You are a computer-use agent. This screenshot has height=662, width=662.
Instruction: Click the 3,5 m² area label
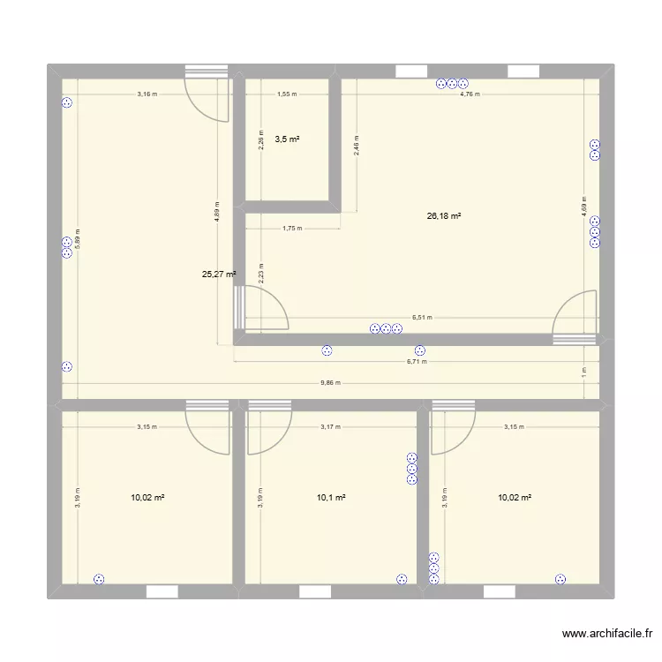(x=287, y=139)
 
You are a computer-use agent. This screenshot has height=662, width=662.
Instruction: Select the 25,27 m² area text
(x=219, y=275)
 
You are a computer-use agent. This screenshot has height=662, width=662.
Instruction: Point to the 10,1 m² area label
(x=330, y=499)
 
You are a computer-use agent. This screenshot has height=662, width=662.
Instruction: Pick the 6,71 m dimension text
(x=416, y=361)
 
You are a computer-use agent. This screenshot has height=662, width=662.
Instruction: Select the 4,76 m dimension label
(x=470, y=94)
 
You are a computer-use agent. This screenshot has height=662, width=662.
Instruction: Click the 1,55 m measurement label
(x=287, y=94)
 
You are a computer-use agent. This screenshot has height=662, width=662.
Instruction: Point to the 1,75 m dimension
(x=291, y=229)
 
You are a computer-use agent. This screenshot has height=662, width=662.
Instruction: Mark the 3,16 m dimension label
(x=147, y=94)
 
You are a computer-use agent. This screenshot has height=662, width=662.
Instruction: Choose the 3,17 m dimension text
(x=330, y=427)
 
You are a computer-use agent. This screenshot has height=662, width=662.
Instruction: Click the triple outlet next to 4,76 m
(x=451, y=85)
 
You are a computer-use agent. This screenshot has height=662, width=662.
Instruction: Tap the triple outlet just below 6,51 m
(x=386, y=329)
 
